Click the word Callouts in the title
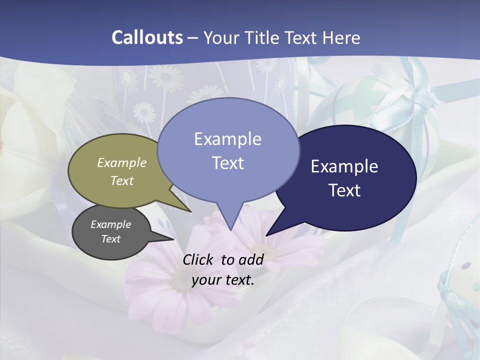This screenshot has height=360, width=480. (147, 37)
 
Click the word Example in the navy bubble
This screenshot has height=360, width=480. (344, 166)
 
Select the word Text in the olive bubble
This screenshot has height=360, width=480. (122, 181)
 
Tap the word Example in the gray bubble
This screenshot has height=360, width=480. (111, 224)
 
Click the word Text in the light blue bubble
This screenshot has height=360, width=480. (228, 162)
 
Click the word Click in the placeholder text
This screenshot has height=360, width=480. (198, 259)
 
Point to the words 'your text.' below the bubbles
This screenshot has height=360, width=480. (223, 280)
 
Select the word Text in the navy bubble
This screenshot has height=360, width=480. (344, 190)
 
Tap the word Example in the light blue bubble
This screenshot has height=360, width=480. (228, 139)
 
